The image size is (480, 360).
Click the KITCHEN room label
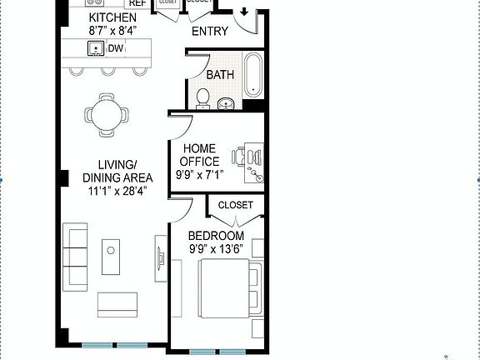[112, 18]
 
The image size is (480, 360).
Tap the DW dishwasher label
[116, 48]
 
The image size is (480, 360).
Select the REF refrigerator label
[137, 3]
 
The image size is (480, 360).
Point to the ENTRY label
[209, 32]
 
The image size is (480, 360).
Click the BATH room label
[220, 75]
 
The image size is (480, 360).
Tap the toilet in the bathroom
[202, 99]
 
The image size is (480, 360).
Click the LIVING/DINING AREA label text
[117, 170]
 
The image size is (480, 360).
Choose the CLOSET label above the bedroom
[235, 205]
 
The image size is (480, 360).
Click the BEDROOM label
[216, 236]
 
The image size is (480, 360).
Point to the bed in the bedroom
[225, 288]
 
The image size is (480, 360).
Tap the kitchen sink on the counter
[97, 48]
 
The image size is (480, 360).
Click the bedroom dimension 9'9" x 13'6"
[216, 248]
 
